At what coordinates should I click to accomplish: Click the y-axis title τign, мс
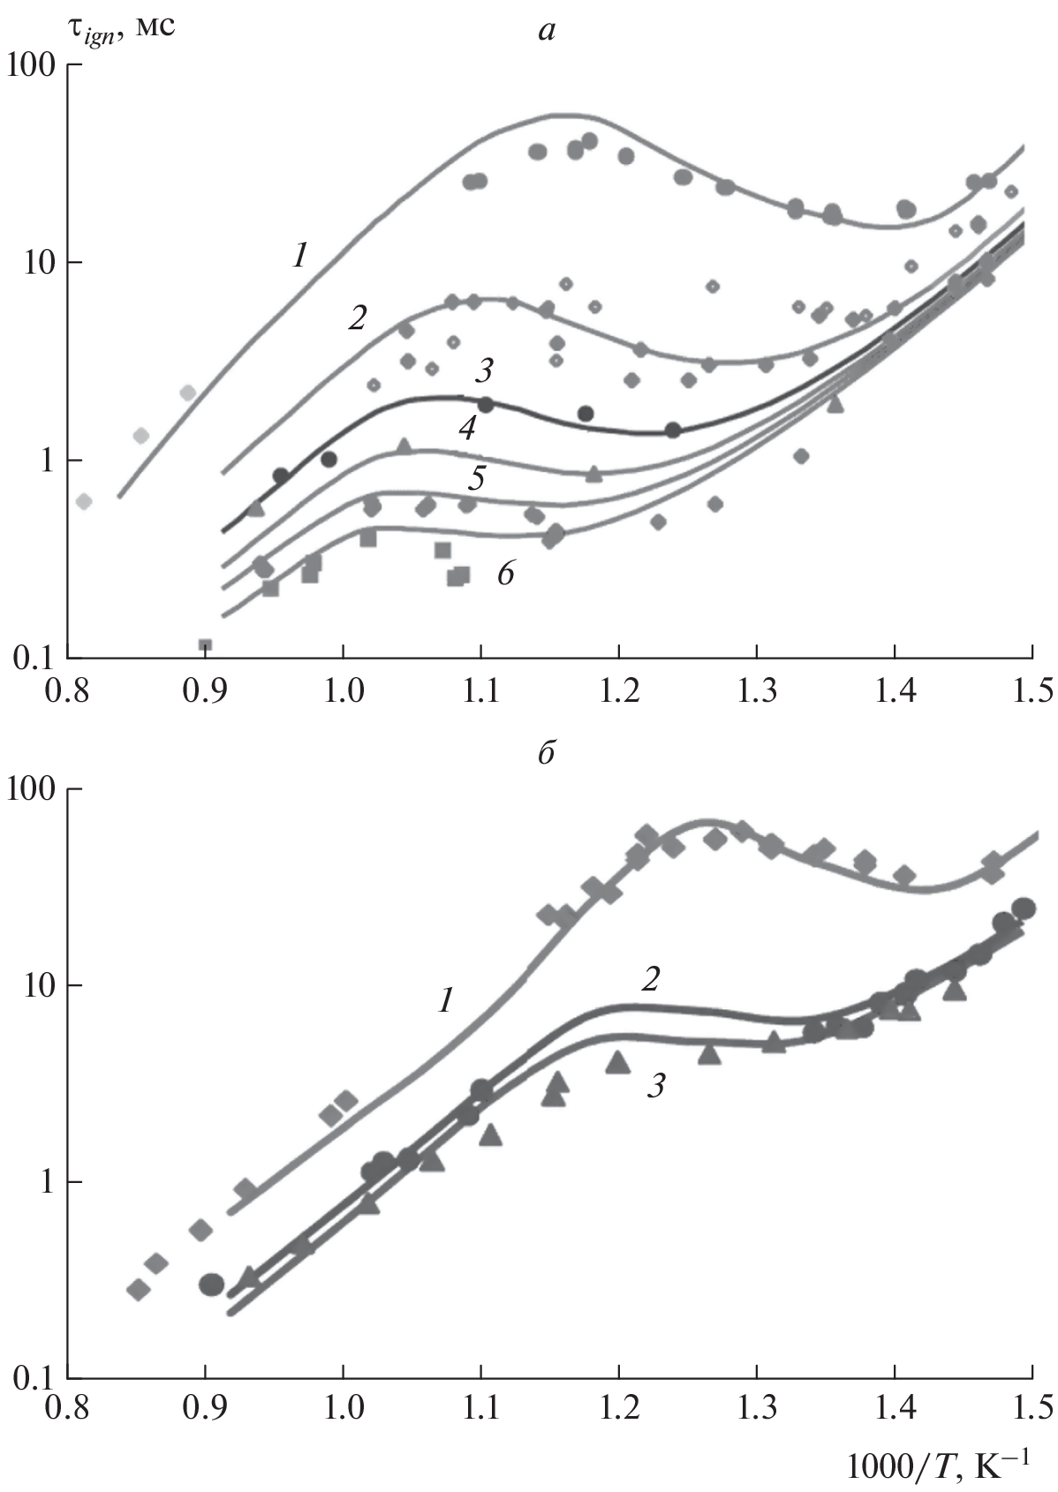[x=121, y=26]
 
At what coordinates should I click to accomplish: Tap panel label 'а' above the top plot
[x=547, y=32]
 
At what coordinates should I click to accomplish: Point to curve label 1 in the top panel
[x=300, y=256]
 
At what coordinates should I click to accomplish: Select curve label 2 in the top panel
[x=357, y=318]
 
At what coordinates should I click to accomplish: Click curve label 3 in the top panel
[x=484, y=371]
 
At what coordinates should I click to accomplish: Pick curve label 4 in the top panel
[x=468, y=429]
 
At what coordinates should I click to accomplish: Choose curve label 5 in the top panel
[x=476, y=479]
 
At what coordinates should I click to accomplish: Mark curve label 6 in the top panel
[x=505, y=574]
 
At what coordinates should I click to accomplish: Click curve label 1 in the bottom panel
[x=446, y=1000]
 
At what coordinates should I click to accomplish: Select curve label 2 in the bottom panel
[x=651, y=979]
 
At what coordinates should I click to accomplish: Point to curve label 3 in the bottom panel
[x=654, y=1086]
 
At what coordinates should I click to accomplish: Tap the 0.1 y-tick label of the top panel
[x=32, y=659]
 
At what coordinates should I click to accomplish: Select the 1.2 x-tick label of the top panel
[x=619, y=689]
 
